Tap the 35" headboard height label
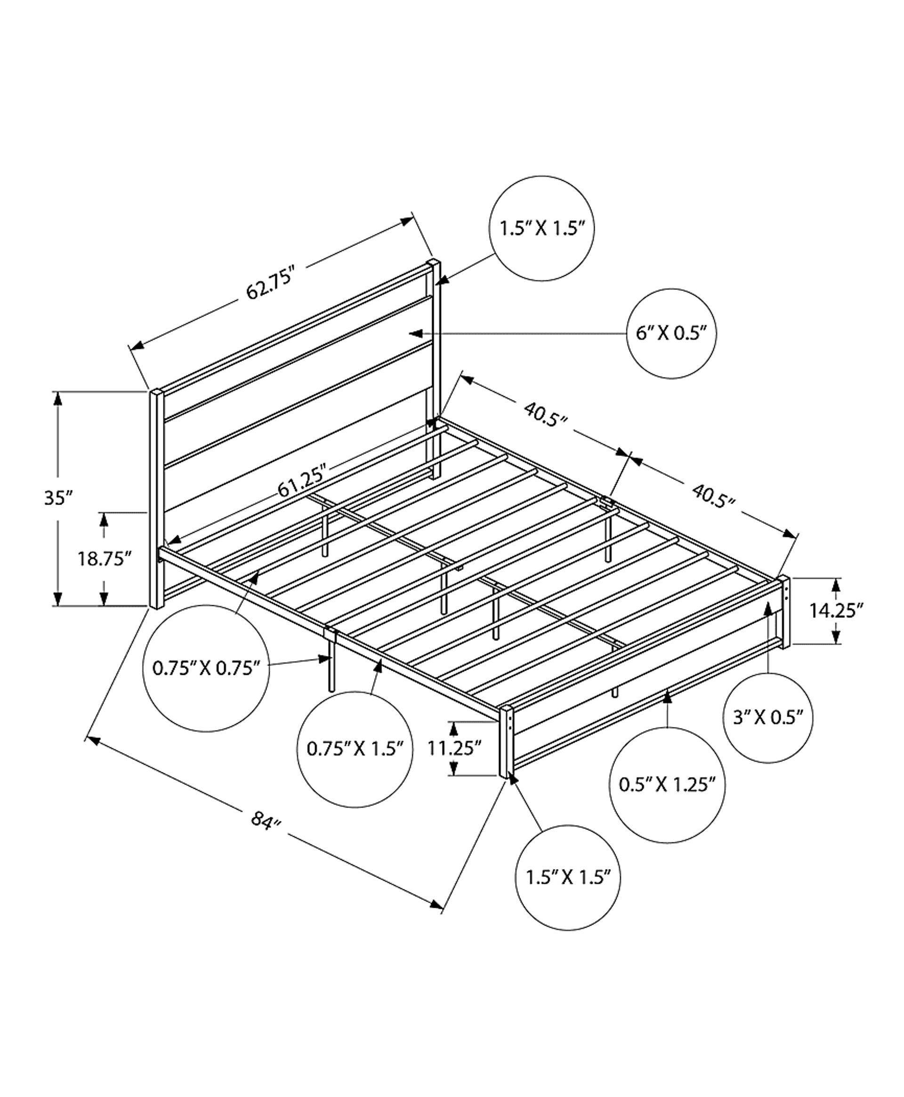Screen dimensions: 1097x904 57,497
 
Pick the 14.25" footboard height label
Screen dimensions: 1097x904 836,610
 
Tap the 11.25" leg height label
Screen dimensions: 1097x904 453,748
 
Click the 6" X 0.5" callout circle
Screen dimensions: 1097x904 671,334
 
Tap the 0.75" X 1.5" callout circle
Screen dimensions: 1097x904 355,749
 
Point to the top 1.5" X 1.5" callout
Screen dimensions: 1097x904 541,228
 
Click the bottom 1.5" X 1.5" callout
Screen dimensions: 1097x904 568,878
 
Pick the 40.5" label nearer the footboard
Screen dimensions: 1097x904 713,496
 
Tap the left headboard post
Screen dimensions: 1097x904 156,500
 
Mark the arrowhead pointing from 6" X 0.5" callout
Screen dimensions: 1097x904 414,333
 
